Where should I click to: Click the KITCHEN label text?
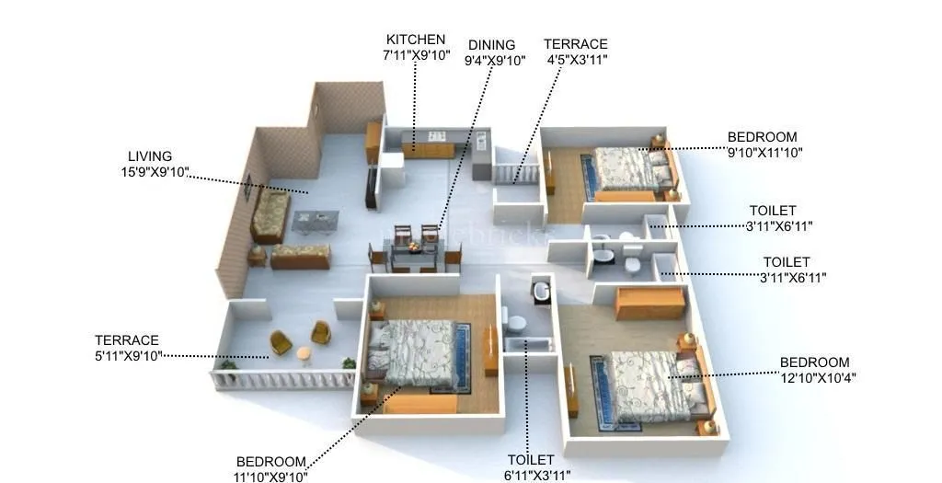click(x=416, y=40)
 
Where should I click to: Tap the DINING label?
click(x=491, y=45)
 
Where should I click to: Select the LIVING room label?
click(x=150, y=156)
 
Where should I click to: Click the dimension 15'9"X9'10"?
click(x=155, y=171)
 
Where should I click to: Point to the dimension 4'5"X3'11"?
click(x=577, y=60)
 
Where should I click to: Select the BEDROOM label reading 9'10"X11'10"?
click(x=762, y=137)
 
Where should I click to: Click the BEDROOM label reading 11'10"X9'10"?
click(x=270, y=462)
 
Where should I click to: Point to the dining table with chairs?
click(x=415, y=247)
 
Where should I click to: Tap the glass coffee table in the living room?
click(x=315, y=221)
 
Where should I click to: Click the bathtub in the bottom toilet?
click(x=527, y=344)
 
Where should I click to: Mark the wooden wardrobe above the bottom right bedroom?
click(x=649, y=302)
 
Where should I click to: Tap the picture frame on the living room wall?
click(x=247, y=187)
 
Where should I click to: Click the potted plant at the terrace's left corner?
click(x=227, y=365)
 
